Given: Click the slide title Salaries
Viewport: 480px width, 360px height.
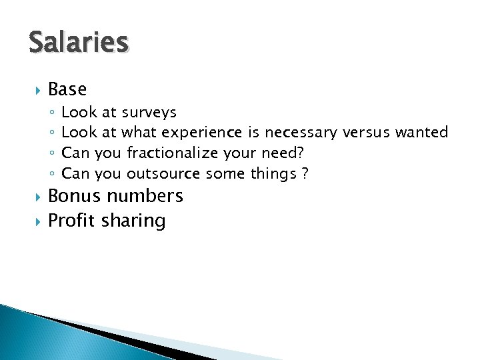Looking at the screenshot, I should point(78,42).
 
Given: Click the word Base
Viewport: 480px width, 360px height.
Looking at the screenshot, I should point(67,89).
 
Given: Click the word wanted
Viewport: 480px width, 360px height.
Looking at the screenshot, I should point(421,133).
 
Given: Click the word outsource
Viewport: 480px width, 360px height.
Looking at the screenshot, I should point(164,174).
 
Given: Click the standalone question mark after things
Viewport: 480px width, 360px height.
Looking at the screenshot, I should point(305,174).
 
